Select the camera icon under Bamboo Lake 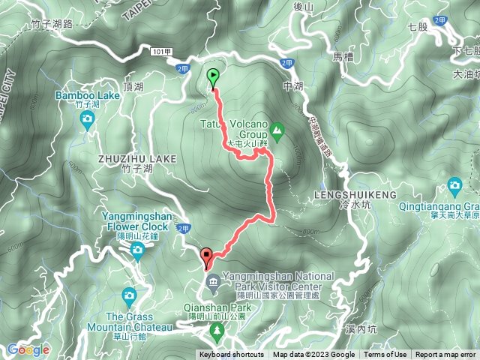click(x=88, y=119)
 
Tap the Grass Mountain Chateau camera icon click(x=128, y=295)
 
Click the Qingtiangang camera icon click(x=454, y=185)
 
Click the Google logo click(x=28, y=349)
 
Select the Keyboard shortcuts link click(x=231, y=355)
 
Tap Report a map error click(x=445, y=355)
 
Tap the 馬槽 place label click(x=342, y=55)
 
